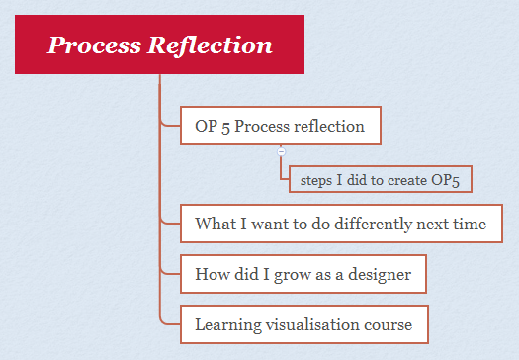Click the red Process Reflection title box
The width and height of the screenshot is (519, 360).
pos(159,45)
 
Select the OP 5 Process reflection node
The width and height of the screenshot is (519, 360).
pos(281,126)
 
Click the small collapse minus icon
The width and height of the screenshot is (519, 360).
pos(282,151)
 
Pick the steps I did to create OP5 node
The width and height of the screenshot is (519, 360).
pos(379,179)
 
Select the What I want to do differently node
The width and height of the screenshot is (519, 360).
pos(341,224)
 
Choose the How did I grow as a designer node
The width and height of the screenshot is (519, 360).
pos(303,273)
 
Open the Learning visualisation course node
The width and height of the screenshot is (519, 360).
pos(303,323)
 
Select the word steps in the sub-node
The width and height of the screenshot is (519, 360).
pos(312,179)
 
